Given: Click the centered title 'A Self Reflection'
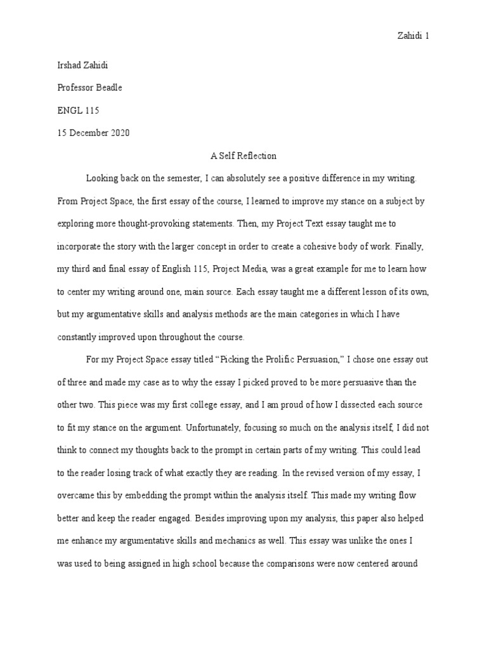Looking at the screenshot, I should pyautogui.click(x=243, y=156).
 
